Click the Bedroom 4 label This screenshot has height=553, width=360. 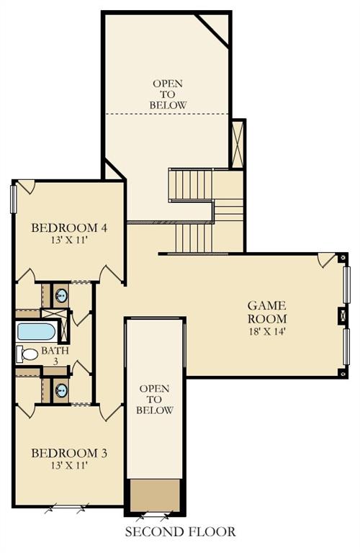point(69,228)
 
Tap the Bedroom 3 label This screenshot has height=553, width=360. point(69,453)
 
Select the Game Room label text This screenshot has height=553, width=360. point(267,312)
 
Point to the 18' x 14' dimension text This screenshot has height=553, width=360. point(267,332)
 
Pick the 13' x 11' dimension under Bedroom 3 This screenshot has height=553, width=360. point(69,465)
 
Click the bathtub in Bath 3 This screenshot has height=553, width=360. point(36,332)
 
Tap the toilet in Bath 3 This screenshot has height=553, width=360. point(27,354)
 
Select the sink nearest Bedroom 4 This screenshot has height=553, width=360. point(62,295)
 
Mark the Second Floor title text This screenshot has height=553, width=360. point(180,532)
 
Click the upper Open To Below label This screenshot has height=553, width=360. point(168,94)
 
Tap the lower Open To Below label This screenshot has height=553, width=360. point(155,400)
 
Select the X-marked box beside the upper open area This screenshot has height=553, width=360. point(237,144)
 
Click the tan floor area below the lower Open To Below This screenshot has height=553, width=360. point(154,495)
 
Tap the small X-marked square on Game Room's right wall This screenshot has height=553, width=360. point(343,315)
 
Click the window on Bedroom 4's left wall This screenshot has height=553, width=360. point(13,199)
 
